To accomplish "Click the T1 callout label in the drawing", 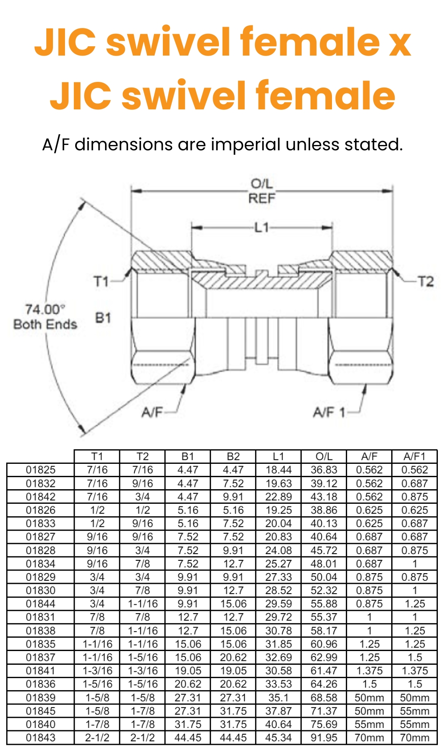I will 101,281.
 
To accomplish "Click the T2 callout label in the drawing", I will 425,281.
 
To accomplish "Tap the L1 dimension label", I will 262,228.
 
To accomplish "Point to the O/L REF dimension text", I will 262,191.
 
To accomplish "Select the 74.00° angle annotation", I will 45,309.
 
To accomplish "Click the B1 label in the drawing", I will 103,318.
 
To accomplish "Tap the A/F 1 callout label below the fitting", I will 329,412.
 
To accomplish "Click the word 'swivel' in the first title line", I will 169,42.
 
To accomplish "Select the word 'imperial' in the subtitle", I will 246,145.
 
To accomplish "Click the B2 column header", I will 233,456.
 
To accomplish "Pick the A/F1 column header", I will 414,456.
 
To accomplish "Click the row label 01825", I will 40,470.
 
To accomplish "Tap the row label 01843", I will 40,738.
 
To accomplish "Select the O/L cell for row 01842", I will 324,497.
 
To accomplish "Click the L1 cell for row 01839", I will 279,698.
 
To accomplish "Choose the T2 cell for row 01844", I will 142,604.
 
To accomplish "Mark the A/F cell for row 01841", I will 369,671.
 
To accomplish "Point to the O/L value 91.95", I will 324,738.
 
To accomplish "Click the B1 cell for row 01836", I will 188,684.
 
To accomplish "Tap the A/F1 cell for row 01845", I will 414,711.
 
